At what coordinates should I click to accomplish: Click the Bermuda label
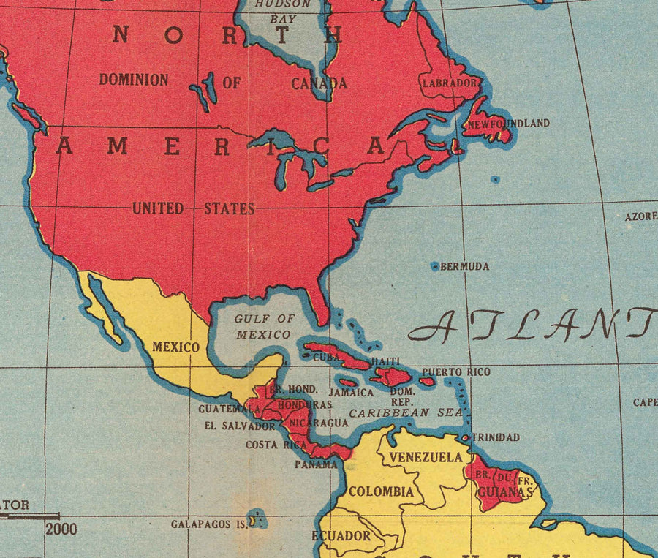click(x=465, y=267)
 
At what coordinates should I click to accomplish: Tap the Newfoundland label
click(x=509, y=124)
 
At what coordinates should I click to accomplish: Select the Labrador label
click(x=450, y=83)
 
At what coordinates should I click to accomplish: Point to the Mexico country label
click(x=175, y=347)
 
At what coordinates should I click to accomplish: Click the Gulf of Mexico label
click(x=264, y=327)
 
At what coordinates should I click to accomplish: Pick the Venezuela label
click(x=426, y=457)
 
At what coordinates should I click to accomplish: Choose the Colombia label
click(x=381, y=491)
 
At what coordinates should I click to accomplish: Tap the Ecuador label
click(x=341, y=536)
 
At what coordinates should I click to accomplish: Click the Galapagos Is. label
click(x=208, y=524)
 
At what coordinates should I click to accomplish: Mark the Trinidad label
click(x=496, y=437)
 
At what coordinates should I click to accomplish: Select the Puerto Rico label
click(x=456, y=372)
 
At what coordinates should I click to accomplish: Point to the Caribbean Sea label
click(x=406, y=413)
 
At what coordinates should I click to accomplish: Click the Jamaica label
click(x=351, y=393)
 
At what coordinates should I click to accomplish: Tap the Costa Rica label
click(x=276, y=445)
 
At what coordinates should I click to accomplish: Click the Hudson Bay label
click(x=283, y=11)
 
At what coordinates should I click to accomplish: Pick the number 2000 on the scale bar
click(x=61, y=529)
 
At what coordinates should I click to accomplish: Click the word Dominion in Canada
click(x=134, y=80)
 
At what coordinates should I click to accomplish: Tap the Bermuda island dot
click(x=435, y=266)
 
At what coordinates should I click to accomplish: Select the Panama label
click(x=317, y=464)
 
